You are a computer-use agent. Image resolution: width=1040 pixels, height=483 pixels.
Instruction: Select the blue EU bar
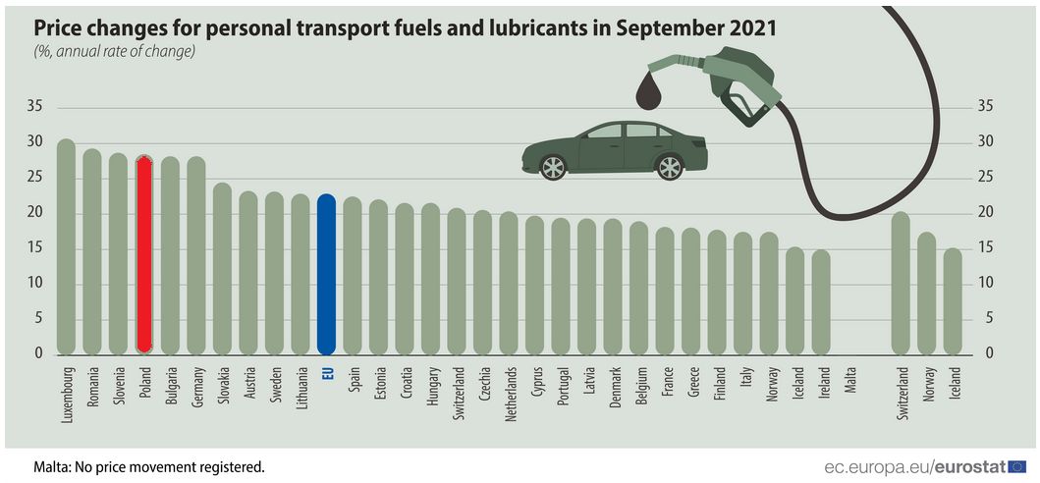click(x=327, y=274)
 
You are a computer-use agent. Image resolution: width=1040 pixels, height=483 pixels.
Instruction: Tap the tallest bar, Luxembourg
click(x=66, y=245)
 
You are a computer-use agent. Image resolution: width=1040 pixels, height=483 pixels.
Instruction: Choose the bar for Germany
click(x=196, y=254)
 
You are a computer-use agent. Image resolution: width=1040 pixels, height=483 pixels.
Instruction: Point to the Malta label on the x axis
click(x=850, y=379)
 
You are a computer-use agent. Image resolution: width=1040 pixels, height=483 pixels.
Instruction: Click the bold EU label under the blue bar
click(x=328, y=373)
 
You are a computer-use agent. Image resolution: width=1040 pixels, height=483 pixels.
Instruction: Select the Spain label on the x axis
click(x=354, y=379)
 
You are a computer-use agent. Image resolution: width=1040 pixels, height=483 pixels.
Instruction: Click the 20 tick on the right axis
click(x=983, y=213)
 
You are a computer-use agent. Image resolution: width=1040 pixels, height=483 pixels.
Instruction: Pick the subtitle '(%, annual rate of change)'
click(x=115, y=51)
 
